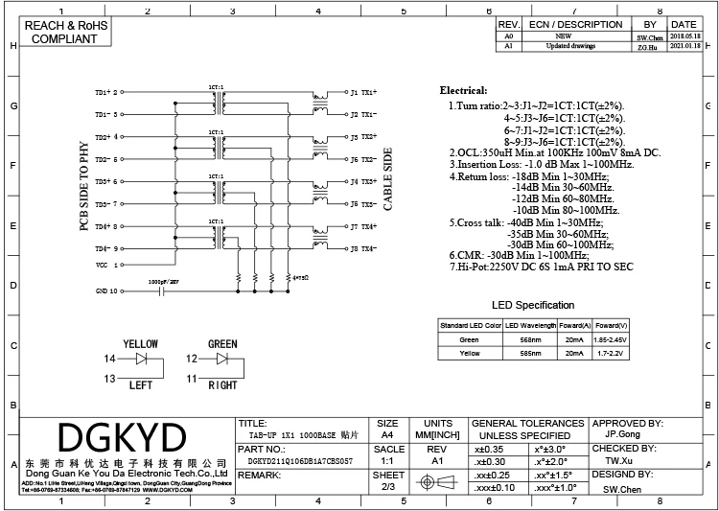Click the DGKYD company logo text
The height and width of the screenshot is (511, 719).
[122, 439]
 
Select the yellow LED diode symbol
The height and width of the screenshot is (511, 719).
[143, 359]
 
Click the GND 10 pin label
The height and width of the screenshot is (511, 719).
[105, 290]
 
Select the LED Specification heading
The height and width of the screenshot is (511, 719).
[533, 305]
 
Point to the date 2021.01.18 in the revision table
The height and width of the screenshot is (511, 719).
[684, 45]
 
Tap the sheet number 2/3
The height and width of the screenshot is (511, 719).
[388, 487]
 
